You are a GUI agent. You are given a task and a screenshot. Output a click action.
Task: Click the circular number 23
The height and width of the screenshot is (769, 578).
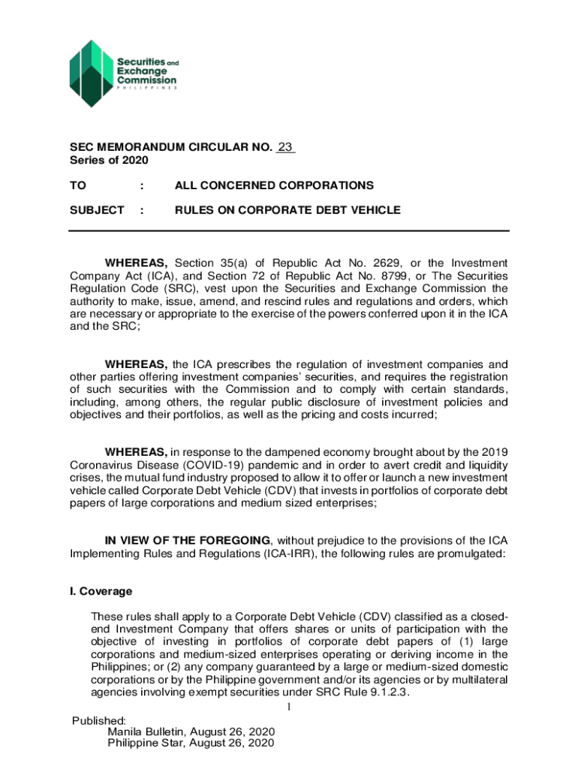coord(285,148)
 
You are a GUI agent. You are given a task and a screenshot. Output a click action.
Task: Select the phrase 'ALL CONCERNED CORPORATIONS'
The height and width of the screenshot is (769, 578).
coord(274,185)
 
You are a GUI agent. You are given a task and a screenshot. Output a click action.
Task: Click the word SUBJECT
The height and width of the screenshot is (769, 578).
coord(97,210)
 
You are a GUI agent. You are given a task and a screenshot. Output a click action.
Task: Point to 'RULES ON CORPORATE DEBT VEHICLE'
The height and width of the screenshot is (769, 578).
coord(287,210)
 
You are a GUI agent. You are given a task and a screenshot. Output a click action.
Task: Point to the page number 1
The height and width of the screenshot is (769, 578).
coord(287,708)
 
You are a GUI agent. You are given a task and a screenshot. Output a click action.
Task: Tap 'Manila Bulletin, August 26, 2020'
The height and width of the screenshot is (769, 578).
coord(191,732)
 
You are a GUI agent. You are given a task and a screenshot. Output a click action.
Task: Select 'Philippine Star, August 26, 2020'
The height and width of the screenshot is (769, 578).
coord(191,743)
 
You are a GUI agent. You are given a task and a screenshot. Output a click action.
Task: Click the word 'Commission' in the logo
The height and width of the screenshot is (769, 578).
coord(146,80)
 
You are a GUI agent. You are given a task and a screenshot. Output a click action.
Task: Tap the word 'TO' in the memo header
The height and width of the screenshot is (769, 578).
coord(78,185)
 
